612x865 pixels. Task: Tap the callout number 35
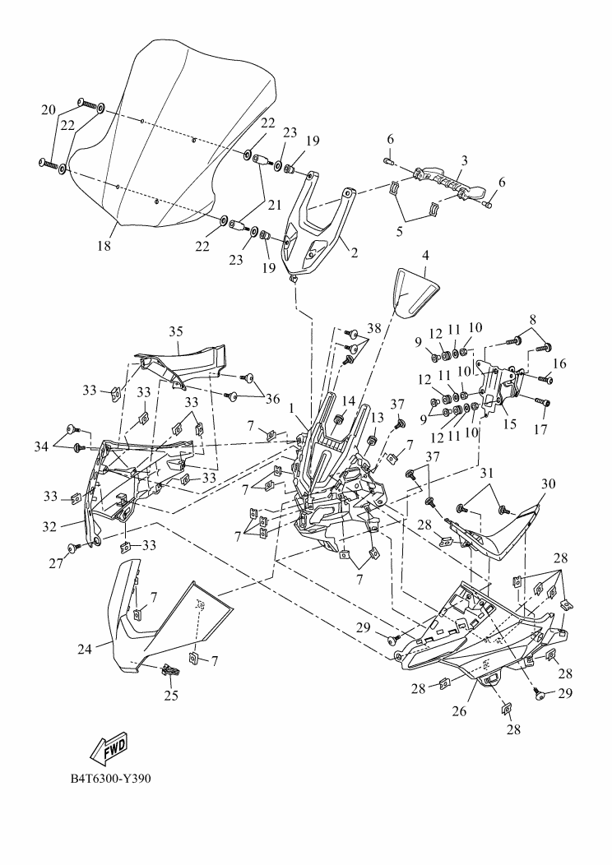[x=175, y=332]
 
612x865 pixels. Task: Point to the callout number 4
[x=426, y=256]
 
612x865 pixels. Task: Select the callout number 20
[x=49, y=110]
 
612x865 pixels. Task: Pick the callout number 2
[x=354, y=253]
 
